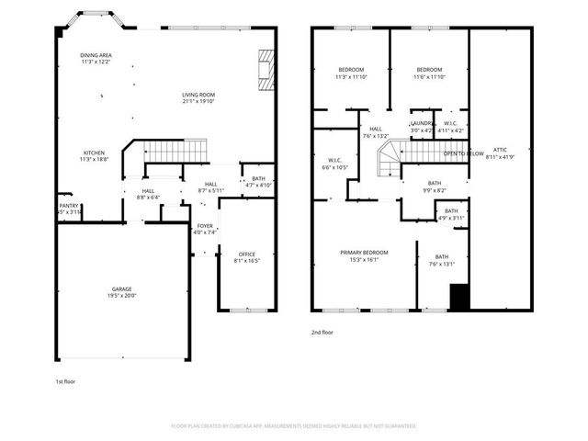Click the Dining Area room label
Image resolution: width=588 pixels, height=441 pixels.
point(96,58)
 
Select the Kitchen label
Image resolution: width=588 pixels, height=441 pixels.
point(95,155)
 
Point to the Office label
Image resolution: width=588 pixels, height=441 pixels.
point(246,256)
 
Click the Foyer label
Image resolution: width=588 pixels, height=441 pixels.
point(204,228)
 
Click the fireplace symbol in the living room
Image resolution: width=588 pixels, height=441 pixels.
point(266,70)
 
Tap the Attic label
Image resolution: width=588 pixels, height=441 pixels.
point(500,152)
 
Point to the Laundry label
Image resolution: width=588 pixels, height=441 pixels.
point(422,126)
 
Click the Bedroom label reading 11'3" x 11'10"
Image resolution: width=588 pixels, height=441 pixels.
point(350,73)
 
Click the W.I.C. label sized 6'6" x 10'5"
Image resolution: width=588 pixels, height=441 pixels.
point(334,164)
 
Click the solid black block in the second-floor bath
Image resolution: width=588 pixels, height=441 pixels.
point(459,298)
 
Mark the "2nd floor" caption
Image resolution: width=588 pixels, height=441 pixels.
point(323,333)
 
